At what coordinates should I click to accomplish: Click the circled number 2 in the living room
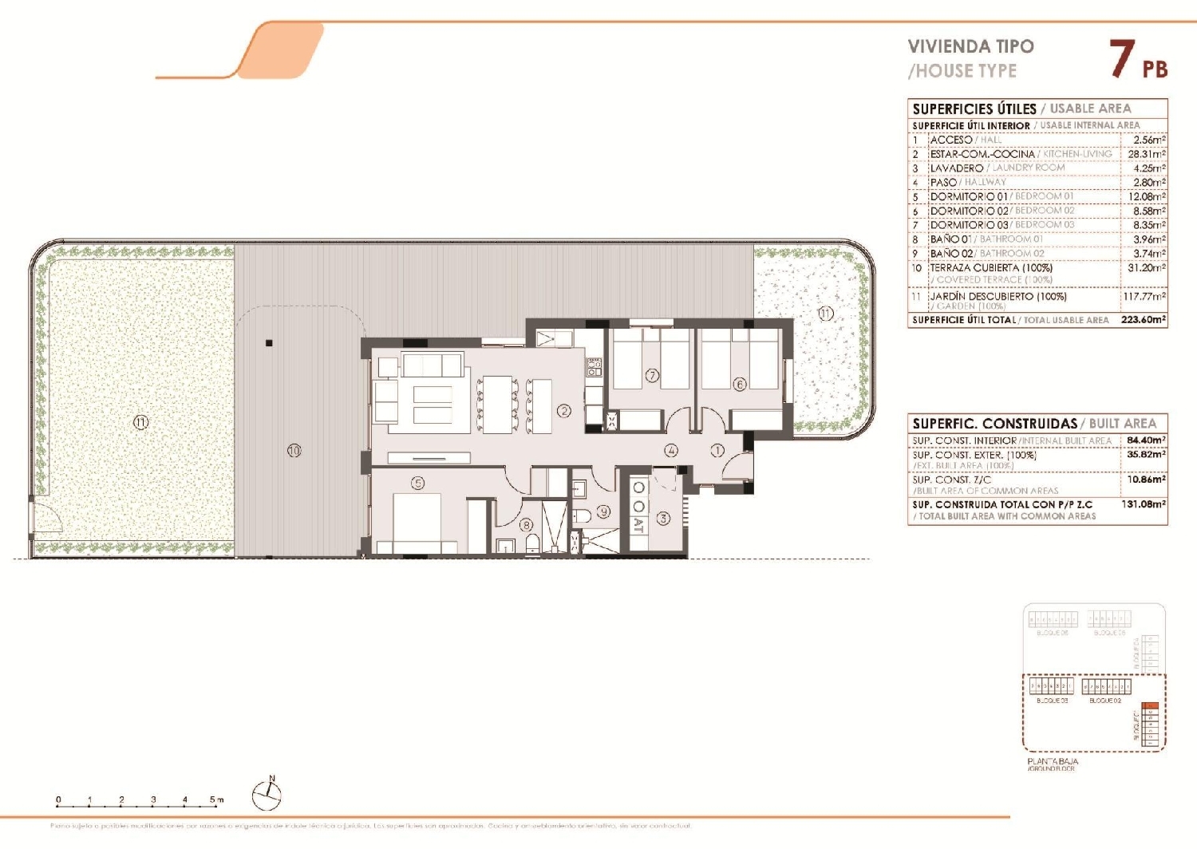click(x=564, y=411)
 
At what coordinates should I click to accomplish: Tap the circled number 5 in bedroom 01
click(x=417, y=483)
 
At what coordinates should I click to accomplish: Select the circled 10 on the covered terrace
click(x=294, y=451)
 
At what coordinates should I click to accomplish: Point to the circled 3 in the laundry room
click(x=663, y=519)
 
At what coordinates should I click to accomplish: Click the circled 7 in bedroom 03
click(x=652, y=375)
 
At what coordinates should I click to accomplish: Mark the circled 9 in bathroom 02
click(x=603, y=511)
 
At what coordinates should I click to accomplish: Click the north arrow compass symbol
click(x=267, y=794)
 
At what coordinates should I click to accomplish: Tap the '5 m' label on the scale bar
click(x=216, y=800)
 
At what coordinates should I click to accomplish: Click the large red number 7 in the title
click(x=1122, y=59)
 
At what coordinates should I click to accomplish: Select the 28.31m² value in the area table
click(x=1147, y=154)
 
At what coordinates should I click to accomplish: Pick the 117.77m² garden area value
click(x=1144, y=296)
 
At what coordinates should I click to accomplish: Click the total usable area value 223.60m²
click(x=1144, y=319)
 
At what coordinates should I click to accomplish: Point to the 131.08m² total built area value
click(x=1144, y=504)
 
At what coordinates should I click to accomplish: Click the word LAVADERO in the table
click(x=956, y=168)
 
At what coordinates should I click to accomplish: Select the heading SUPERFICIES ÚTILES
click(x=974, y=109)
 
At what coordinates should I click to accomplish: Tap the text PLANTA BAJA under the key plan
click(x=1053, y=761)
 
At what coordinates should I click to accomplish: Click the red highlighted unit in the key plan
click(x=1149, y=706)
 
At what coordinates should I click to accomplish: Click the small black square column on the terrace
click(x=270, y=344)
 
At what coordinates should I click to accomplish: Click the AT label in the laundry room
click(x=638, y=525)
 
